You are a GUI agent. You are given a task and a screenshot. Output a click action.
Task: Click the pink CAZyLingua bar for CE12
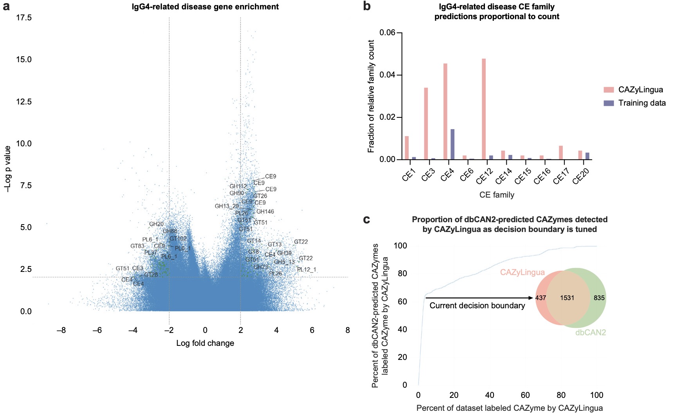point(484,109)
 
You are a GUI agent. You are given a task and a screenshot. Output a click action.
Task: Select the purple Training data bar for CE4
point(452,144)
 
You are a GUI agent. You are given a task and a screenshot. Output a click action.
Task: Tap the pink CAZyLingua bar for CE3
point(426,124)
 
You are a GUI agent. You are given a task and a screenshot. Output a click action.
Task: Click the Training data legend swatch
point(608,103)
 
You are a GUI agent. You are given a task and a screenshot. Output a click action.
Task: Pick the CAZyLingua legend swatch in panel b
point(608,90)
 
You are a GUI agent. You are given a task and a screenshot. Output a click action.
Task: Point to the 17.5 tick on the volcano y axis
point(24,18)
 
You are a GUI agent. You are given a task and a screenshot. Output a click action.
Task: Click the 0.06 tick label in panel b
point(388,33)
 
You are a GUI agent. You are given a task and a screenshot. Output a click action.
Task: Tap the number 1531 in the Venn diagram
point(567,298)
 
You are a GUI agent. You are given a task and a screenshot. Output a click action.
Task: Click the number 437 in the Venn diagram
point(540,298)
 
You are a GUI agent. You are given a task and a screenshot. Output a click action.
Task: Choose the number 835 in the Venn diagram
point(599,298)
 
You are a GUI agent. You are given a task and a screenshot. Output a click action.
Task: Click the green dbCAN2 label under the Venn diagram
point(591,333)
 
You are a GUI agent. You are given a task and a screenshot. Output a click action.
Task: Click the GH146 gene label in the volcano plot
point(265,212)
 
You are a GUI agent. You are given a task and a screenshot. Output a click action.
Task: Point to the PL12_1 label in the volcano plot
point(307,270)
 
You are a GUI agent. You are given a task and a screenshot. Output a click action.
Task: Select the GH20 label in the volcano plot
point(156,224)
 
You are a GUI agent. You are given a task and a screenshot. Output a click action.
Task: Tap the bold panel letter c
point(366,220)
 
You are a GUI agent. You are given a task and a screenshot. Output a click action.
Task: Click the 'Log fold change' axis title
point(205,343)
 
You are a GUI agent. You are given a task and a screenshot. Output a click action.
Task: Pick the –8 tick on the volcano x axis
point(61,330)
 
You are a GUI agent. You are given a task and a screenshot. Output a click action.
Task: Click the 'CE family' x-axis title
point(497,195)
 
